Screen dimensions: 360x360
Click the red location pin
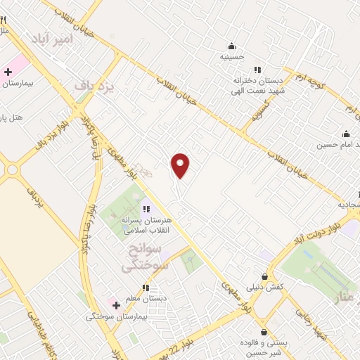pos(181,165)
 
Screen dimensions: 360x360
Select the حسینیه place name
pos(231,56)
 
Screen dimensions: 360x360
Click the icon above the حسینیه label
pos(231,46)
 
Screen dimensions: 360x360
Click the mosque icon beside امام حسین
pos(345,134)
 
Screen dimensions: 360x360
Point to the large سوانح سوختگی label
pos(145,258)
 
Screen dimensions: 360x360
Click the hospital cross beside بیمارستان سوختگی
pos(116,305)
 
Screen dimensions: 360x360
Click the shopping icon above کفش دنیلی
pos(264,276)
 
